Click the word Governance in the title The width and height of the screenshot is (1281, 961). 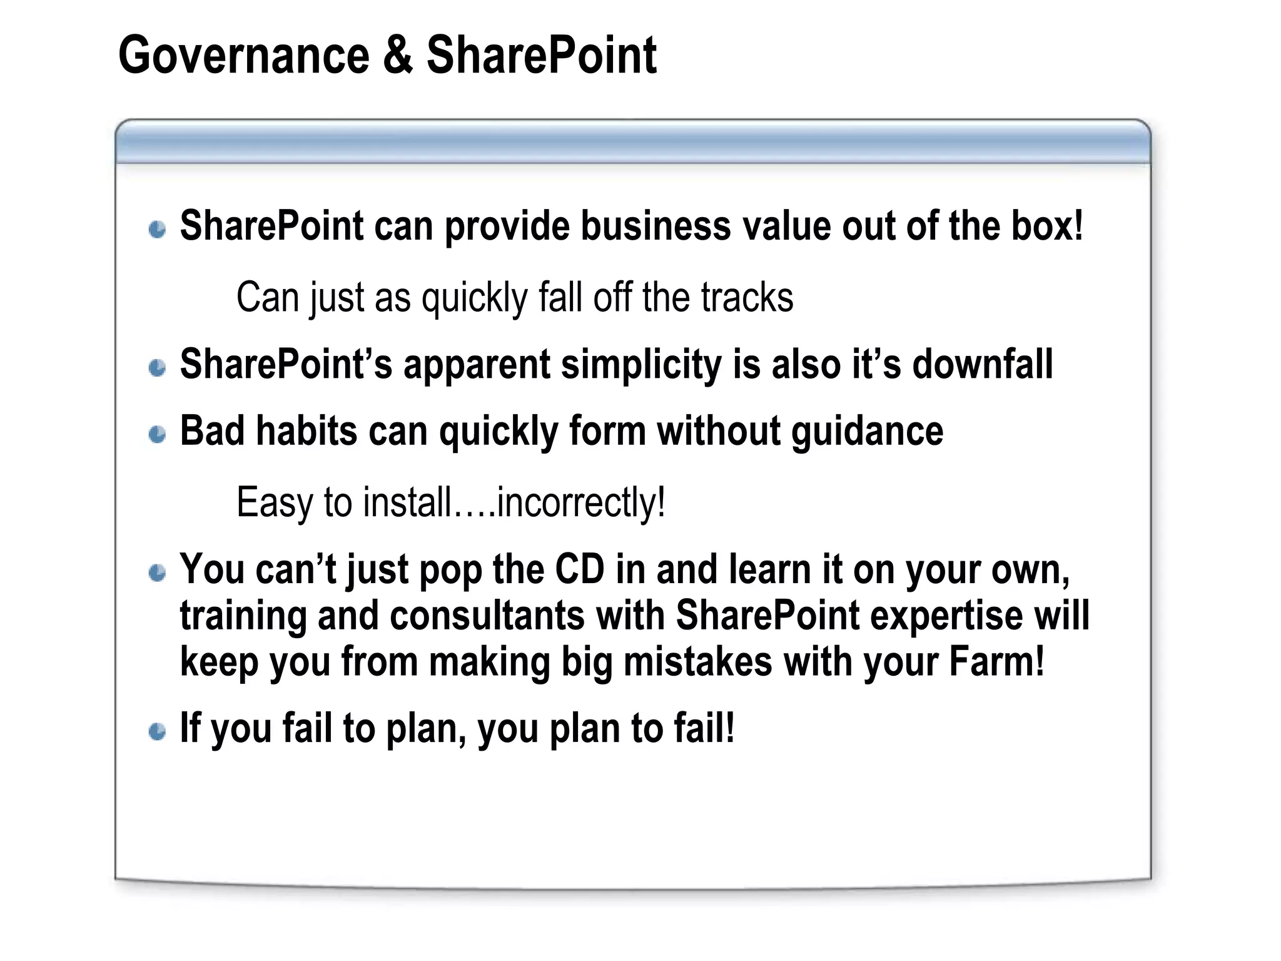pos(244,56)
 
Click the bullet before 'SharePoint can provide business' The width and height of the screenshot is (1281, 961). pos(158,229)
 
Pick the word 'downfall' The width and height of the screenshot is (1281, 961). pos(983,364)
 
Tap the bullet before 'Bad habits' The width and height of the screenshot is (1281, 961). pos(158,434)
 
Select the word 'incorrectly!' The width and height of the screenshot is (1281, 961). pos(580,502)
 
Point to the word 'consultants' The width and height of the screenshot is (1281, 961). pos(487,616)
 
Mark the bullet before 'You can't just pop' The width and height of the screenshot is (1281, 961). pos(158,572)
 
